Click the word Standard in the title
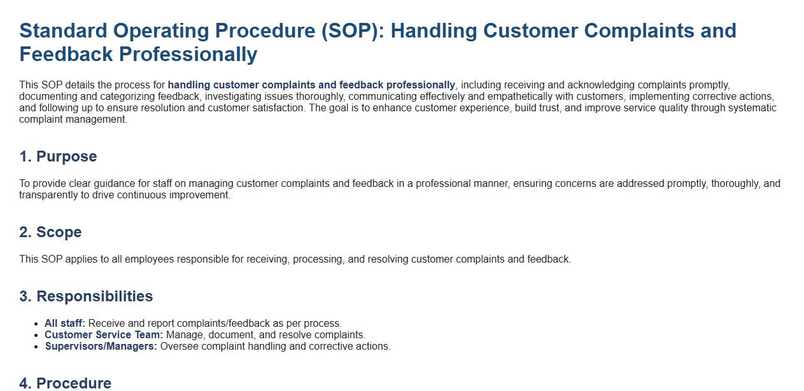tap(63, 31)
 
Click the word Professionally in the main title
tap(188, 55)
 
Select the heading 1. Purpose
tap(58, 156)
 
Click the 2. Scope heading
tap(51, 232)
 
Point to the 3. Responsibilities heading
tap(86, 296)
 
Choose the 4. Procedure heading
tap(66, 383)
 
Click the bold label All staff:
tap(65, 323)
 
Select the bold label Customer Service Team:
tap(104, 334)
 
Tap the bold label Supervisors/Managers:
tap(101, 346)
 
